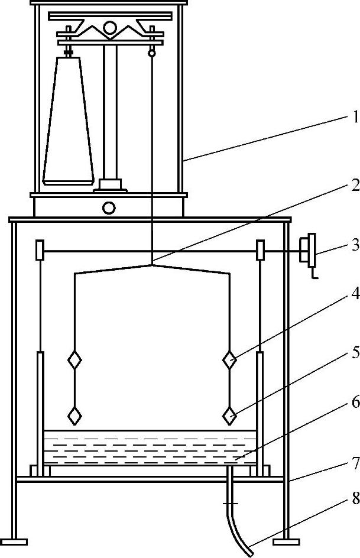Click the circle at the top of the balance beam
click(111, 27)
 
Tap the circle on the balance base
click(109, 207)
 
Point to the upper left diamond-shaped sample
click(74, 360)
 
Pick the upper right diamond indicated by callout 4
click(229, 359)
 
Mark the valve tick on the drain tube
click(231, 504)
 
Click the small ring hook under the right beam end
click(152, 53)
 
